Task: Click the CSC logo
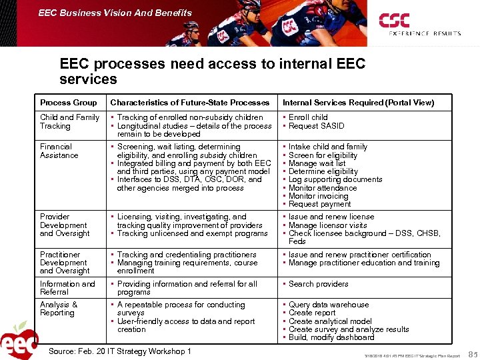tap(395, 21)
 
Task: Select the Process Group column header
tap(69, 103)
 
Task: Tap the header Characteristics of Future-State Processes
tap(190, 103)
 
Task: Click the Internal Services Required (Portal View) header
tap(358, 103)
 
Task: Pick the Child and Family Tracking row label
tap(69, 121)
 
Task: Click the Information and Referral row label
tap(67, 288)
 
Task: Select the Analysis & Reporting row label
tap(59, 309)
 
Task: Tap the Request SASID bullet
tap(317, 126)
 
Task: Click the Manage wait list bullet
tap(317, 163)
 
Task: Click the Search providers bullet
tap(319, 284)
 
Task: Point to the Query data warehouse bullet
tap(329, 305)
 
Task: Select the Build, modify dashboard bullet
tap(331, 337)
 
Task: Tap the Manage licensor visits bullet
tap(327, 225)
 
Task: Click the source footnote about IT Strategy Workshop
tap(120, 351)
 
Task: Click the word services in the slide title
tap(88, 79)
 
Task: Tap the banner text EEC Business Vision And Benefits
tap(115, 13)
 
